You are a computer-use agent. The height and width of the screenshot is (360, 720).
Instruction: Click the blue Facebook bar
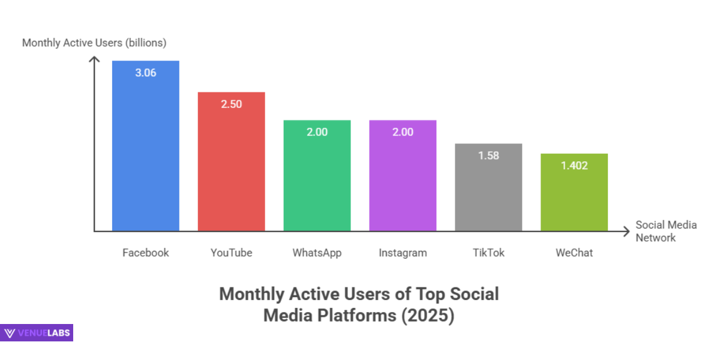click(x=146, y=150)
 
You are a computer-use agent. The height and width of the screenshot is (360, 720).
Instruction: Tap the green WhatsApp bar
click(x=317, y=180)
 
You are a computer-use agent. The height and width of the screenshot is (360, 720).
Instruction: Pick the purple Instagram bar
click(x=403, y=180)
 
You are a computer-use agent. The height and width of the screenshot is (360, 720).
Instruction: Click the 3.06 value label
click(x=146, y=73)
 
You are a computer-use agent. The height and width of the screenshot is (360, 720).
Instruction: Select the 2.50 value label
click(x=232, y=104)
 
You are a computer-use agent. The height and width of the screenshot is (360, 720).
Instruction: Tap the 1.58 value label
click(x=488, y=155)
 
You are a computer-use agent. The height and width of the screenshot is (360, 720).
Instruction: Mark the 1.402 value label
click(x=574, y=166)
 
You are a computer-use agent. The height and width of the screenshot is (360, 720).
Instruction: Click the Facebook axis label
click(x=146, y=253)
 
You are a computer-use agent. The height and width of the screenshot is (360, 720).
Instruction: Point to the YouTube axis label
click(x=232, y=253)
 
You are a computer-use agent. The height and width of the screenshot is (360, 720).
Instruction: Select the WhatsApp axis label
click(x=317, y=253)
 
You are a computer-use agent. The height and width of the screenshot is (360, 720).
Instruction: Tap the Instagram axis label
click(x=403, y=253)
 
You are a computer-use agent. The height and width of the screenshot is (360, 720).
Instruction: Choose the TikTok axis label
click(x=488, y=253)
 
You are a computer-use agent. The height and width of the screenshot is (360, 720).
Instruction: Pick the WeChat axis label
click(x=574, y=253)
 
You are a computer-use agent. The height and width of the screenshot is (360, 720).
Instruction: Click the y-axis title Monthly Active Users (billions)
click(x=94, y=43)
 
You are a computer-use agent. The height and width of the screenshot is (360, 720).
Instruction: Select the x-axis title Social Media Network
click(x=666, y=231)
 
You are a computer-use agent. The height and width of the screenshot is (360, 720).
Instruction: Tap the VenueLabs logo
click(x=37, y=333)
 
